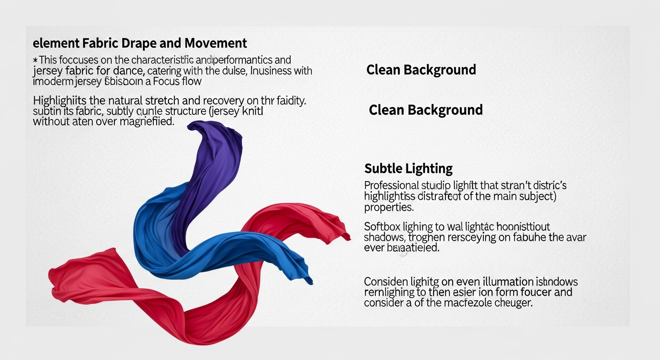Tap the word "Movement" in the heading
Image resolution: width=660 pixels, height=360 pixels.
coord(216,44)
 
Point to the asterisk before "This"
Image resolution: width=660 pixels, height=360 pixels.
coord(35,60)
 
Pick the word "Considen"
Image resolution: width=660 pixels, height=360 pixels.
coord(384,282)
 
